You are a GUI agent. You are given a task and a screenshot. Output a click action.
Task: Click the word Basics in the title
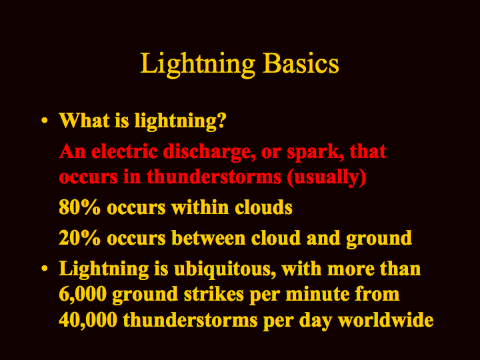(x=301, y=63)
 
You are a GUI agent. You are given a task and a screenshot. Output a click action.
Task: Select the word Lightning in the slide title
(x=197, y=65)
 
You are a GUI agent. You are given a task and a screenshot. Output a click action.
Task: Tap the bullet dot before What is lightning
(x=45, y=120)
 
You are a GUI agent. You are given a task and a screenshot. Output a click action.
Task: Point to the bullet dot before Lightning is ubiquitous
(x=45, y=269)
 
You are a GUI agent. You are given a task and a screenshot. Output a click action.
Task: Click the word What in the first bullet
(x=85, y=120)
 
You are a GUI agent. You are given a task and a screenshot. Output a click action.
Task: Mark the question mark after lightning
(x=221, y=120)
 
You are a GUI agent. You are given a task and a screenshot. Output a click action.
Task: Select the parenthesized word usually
(x=327, y=178)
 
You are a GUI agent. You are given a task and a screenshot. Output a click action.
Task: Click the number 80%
(x=79, y=207)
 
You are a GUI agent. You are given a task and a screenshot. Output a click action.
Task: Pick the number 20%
(x=79, y=238)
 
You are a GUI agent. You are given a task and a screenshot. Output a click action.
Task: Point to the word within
(x=200, y=207)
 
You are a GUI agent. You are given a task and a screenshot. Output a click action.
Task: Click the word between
(x=208, y=238)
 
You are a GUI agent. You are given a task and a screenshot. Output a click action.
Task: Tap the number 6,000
(x=83, y=295)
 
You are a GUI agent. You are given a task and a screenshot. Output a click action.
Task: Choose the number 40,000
(x=88, y=320)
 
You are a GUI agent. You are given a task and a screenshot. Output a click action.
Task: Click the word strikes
(x=214, y=294)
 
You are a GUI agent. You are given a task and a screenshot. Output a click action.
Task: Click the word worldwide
(x=386, y=320)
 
